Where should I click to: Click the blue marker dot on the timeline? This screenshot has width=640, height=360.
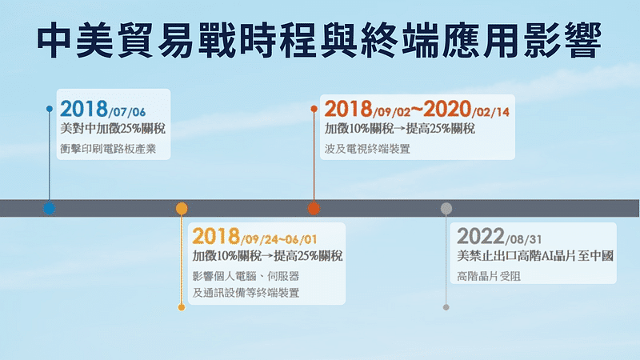(x=50, y=208)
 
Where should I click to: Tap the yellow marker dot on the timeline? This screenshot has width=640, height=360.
(x=182, y=208)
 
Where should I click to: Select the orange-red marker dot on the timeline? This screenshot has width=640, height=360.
(x=314, y=208)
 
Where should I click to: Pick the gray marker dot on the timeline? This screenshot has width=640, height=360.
(x=446, y=208)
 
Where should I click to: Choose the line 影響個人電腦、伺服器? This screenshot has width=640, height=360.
(x=246, y=277)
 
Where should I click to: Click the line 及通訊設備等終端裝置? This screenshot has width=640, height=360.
(x=246, y=294)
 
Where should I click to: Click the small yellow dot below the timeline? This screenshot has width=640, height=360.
(x=182, y=307)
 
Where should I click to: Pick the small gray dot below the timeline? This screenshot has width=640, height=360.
(x=446, y=307)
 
